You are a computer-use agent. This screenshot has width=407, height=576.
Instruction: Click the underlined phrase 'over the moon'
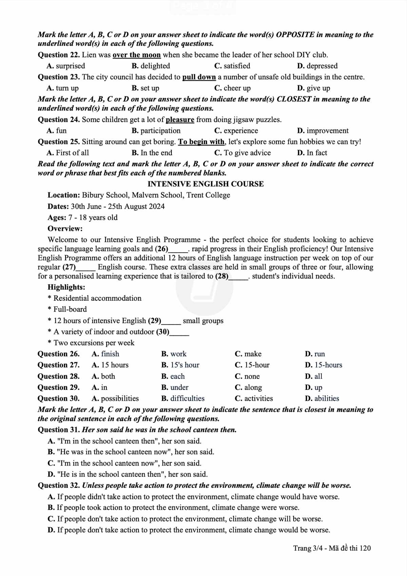[x=137, y=55]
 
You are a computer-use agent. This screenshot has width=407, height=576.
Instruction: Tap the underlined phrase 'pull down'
[x=199, y=77]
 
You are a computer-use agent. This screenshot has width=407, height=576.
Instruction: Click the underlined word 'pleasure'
[x=180, y=120]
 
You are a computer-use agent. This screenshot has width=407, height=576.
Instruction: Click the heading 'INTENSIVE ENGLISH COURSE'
[x=206, y=184]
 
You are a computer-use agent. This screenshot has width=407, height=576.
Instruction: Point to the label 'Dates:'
[x=58, y=206]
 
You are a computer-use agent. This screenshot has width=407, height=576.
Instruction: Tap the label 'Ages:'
[x=57, y=218]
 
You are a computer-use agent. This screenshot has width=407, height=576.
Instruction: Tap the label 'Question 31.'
[x=59, y=430]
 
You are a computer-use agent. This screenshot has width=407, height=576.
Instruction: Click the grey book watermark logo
[x=204, y=288]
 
